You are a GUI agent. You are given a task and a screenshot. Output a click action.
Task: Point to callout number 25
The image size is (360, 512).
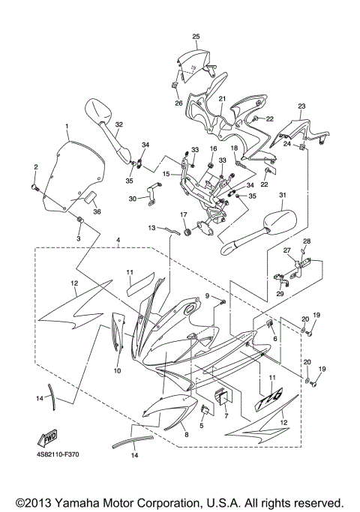pos(196,36)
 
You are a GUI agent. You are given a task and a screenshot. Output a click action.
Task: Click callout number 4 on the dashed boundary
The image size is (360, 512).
pos(117,240)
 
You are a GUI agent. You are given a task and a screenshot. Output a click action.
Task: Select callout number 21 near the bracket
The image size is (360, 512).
pos(222,98)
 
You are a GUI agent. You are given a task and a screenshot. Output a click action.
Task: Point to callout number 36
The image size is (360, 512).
pos(96,211)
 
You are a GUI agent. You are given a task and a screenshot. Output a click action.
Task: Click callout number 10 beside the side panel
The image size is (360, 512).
pos(117,370)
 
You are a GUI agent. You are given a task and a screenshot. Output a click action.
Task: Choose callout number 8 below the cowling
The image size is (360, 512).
pos(187,435)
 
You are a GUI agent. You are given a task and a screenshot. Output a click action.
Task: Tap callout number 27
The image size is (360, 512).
pos(286,251)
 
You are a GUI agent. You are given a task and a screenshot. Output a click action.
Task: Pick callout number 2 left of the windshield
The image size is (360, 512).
pos(34,166)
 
